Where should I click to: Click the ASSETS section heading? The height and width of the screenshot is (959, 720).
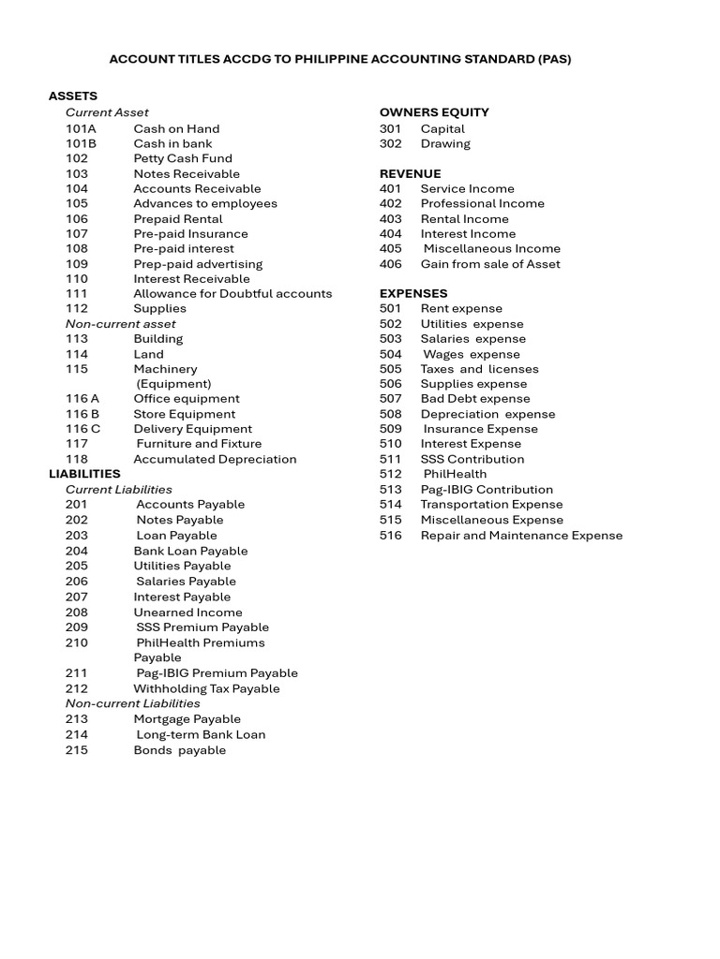coord(73,96)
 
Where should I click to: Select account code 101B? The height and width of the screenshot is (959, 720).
coord(81,143)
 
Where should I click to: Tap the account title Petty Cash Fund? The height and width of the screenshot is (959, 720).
coord(183,158)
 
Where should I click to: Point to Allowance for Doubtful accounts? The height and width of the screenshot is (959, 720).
coord(232,293)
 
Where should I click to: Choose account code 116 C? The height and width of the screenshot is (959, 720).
coord(83,429)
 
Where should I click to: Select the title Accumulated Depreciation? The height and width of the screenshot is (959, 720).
coord(215,459)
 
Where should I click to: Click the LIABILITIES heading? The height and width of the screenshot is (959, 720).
coord(84,474)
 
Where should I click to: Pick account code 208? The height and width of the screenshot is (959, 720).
coord(77,612)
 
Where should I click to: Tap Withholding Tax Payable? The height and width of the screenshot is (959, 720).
coord(206,688)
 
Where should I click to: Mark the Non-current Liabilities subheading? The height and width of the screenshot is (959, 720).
coord(132,703)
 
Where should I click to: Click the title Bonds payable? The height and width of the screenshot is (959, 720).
coord(180,750)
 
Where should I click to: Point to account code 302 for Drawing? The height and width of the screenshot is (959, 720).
coord(390,143)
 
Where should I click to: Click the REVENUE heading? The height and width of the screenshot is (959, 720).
coord(410,173)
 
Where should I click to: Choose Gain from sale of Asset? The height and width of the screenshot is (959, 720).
coord(490,264)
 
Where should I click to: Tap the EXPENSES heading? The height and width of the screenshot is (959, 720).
coord(413,293)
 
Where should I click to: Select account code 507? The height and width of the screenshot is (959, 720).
coord(390,399)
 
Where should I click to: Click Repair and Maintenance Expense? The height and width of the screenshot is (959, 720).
coord(521,536)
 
